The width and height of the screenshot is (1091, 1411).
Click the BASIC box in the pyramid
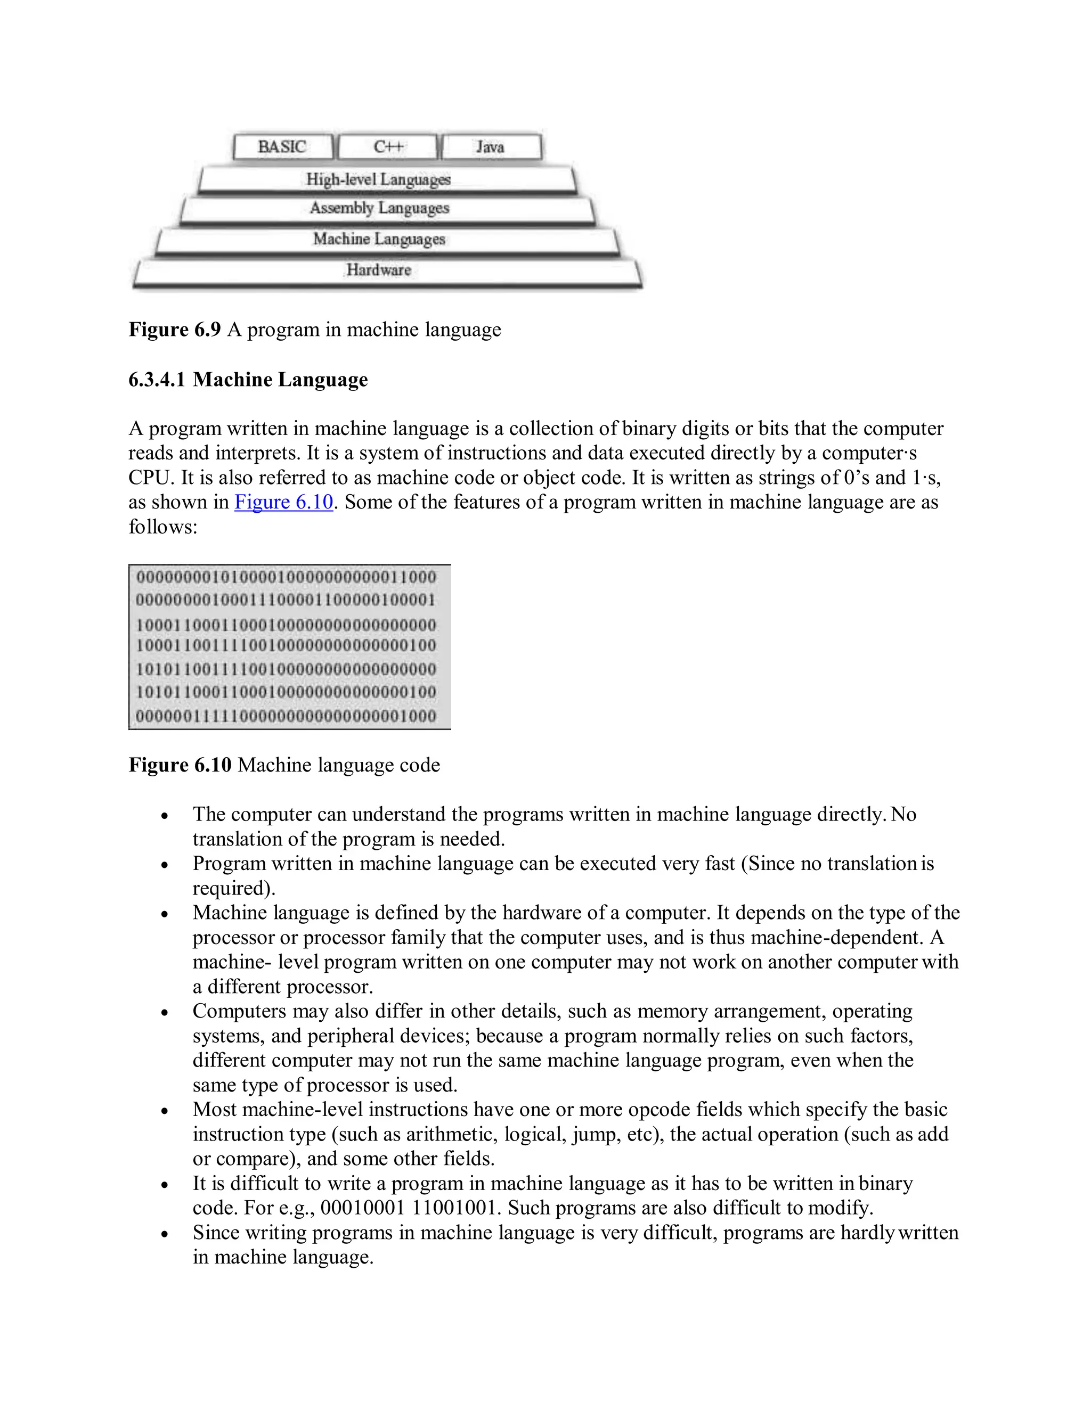click(282, 146)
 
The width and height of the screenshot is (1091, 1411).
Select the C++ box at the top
click(388, 146)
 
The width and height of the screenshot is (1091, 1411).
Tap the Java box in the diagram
click(491, 146)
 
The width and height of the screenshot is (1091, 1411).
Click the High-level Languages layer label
click(378, 179)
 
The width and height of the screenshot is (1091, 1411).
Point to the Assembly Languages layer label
click(379, 208)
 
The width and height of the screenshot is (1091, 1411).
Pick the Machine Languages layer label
click(379, 239)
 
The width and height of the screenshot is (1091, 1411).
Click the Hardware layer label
click(379, 269)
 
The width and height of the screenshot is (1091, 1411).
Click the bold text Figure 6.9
click(175, 330)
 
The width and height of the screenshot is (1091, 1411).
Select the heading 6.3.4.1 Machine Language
click(248, 379)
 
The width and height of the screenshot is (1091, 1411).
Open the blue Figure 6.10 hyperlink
click(284, 502)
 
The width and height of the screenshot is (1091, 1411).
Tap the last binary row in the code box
click(286, 716)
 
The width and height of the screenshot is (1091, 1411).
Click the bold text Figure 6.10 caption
click(180, 765)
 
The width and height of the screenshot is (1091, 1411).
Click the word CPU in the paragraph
click(149, 478)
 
